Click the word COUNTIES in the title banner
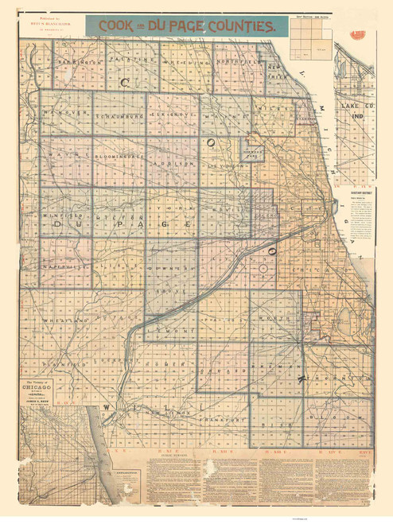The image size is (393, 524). pos(238,25)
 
